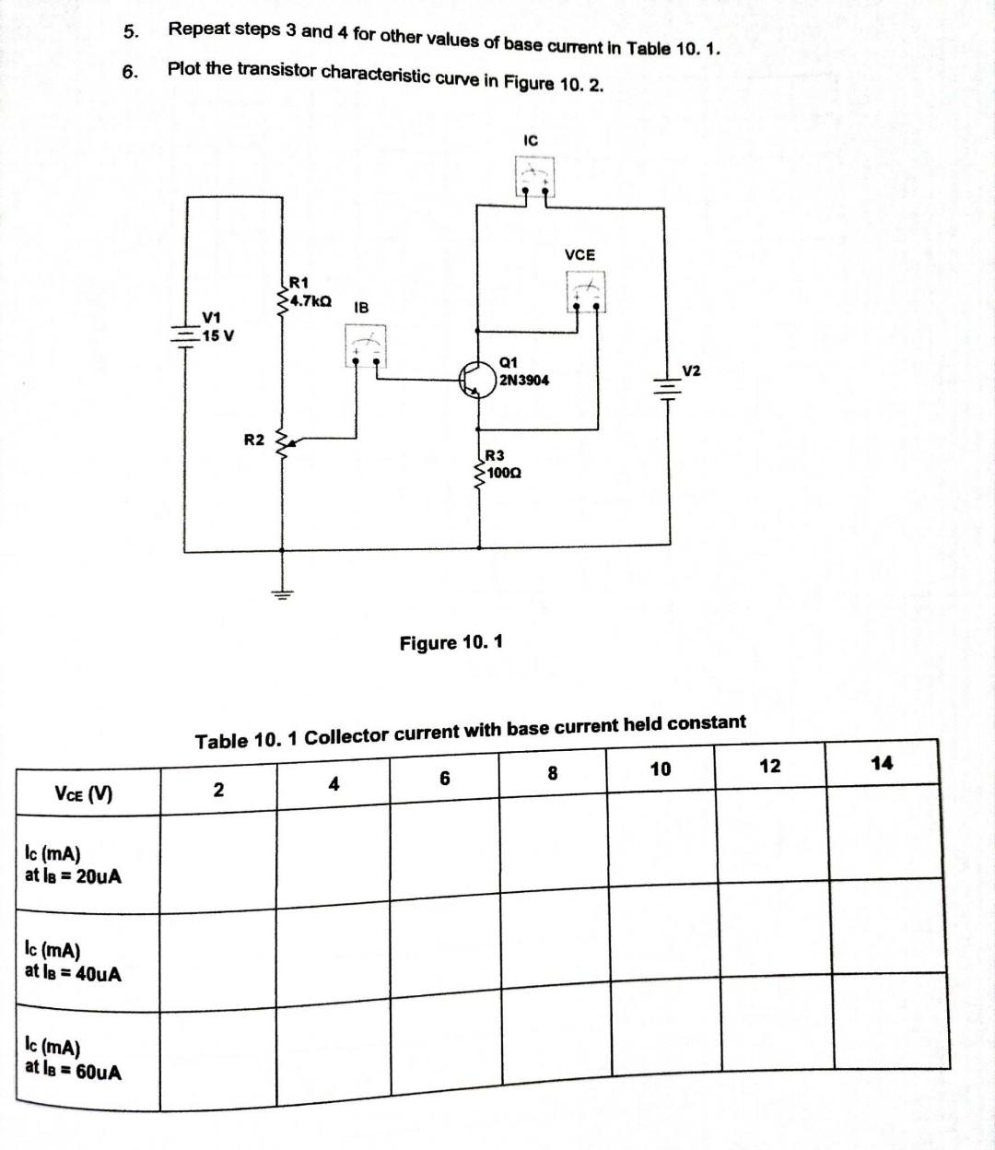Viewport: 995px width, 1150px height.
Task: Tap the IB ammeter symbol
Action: [x=366, y=348]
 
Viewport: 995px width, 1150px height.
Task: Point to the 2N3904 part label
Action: [x=523, y=380]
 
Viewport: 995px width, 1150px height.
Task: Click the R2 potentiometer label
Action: [x=254, y=440]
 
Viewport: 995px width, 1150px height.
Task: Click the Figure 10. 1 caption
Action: [x=451, y=642]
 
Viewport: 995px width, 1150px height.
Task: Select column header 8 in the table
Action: [x=553, y=773]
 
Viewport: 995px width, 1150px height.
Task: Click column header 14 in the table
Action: [x=882, y=762]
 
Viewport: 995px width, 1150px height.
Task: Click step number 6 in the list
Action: [x=131, y=71]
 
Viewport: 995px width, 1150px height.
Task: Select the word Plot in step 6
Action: [x=184, y=68]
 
